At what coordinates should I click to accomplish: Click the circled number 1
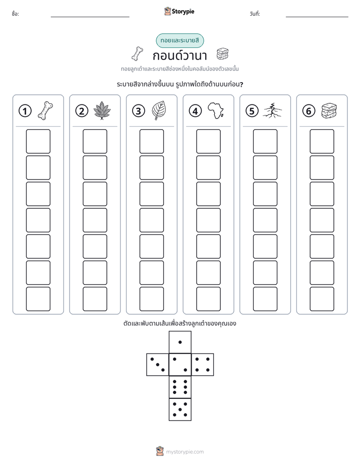click(25, 111)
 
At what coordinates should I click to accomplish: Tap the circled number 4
click(195, 111)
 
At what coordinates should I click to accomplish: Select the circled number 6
click(309, 111)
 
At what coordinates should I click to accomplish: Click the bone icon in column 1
click(45, 110)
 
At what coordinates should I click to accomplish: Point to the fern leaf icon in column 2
click(102, 110)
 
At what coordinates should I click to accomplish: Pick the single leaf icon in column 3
click(159, 110)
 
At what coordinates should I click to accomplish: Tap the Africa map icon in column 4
click(216, 110)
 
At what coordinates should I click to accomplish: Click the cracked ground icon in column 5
click(272, 110)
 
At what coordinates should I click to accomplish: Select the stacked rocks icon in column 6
click(329, 110)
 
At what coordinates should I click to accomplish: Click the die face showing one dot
click(180, 342)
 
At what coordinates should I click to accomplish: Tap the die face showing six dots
click(180, 387)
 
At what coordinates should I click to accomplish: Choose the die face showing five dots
click(180, 410)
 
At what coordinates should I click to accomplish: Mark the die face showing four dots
click(203, 365)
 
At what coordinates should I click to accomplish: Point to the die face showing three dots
click(157, 365)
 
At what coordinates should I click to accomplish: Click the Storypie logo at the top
click(179, 11)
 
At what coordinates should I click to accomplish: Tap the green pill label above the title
click(180, 40)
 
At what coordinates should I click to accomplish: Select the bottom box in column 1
click(38, 299)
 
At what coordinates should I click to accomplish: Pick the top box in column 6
click(322, 141)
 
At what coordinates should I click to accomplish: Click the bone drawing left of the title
click(137, 54)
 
